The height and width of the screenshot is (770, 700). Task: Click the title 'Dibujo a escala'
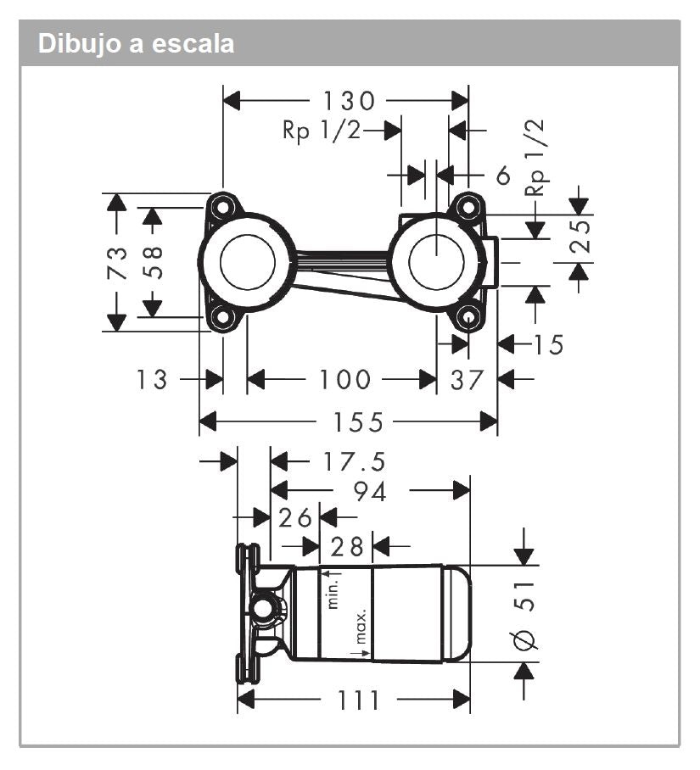136,44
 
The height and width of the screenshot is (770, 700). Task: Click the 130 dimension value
349,102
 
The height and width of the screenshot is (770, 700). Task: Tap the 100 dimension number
345,379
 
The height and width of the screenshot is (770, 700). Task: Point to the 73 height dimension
117,263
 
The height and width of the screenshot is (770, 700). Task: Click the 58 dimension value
154,263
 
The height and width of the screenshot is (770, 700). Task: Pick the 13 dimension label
153,379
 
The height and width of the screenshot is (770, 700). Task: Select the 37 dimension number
467,379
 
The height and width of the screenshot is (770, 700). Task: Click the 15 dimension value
548,344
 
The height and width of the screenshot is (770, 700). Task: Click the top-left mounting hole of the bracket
222,206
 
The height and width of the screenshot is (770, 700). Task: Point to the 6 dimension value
502,176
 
